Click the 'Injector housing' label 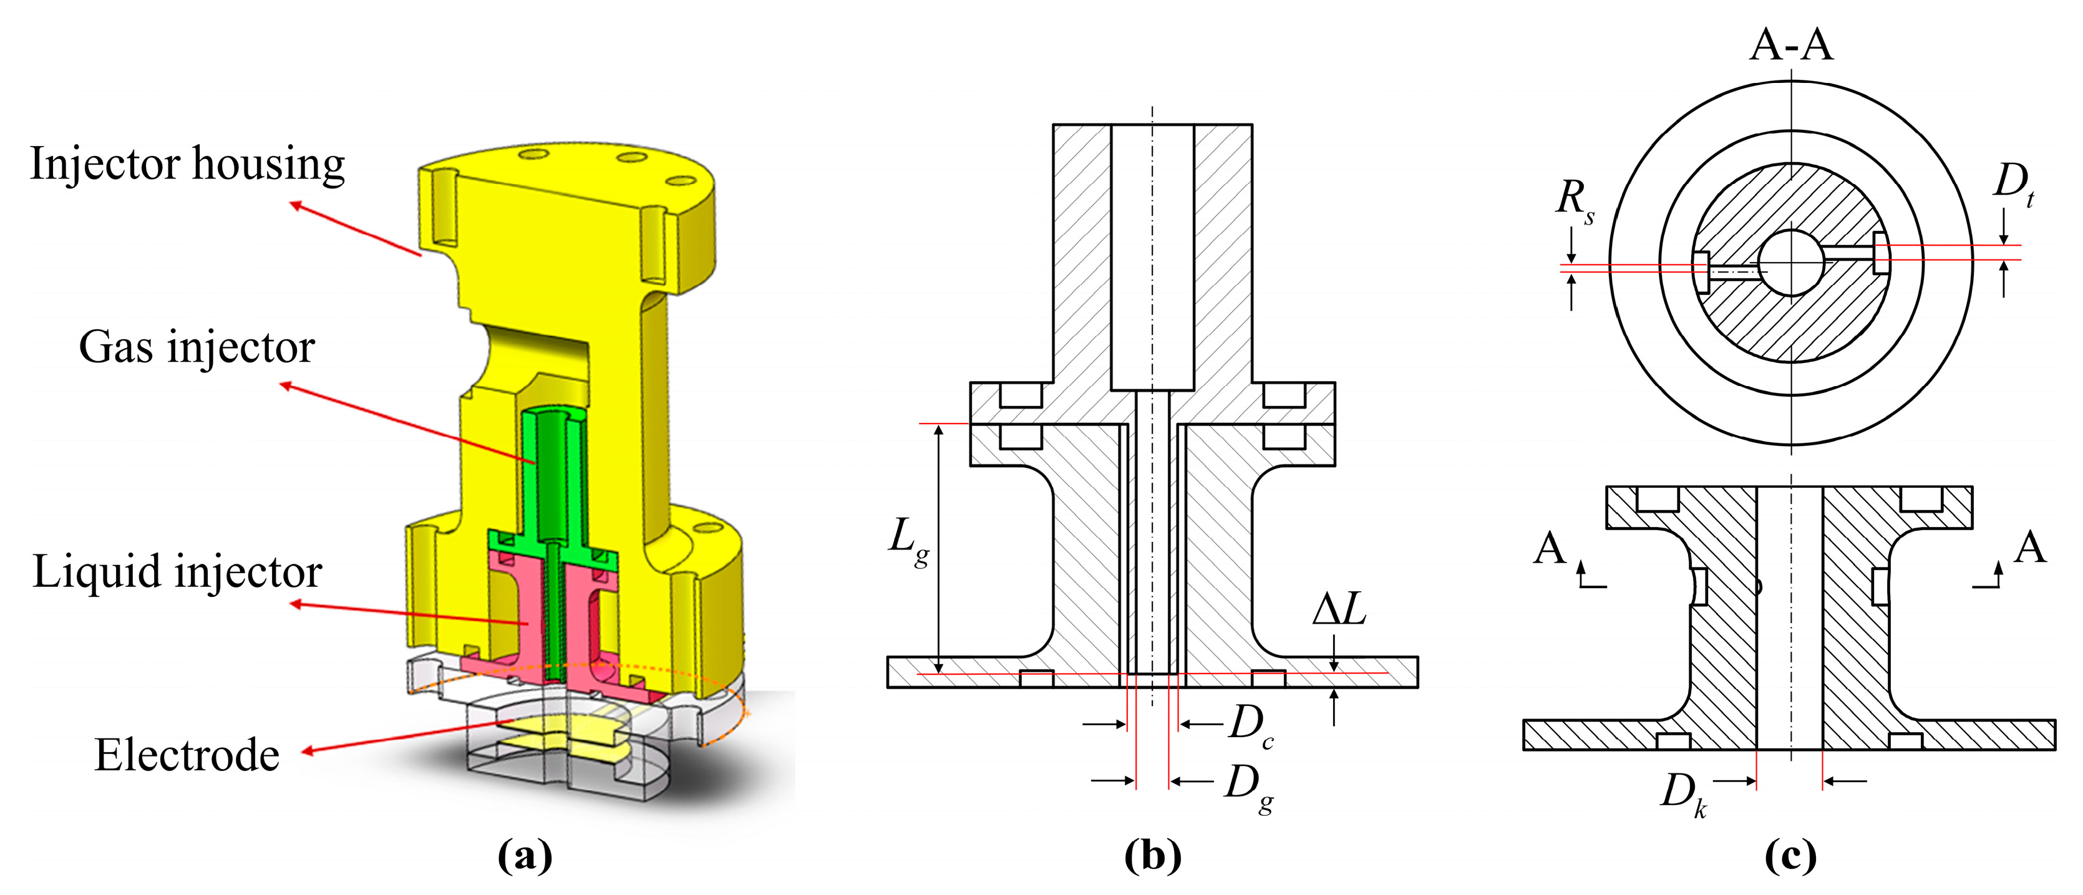pyautogui.click(x=188, y=163)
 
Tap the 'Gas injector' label pyautogui.click(x=197, y=347)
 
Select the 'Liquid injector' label pyautogui.click(x=177, y=571)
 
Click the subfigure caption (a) pyautogui.click(x=525, y=855)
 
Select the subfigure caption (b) pyautogui.click(x=1152, y=855)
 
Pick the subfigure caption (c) pyautogui.click(x=1790, y=855)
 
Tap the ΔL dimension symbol pyautogui.click(x=1339, y=609)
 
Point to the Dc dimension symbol pyautogui.click(x=1250, y=724)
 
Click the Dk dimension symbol pyautogui.click(x=1682, y=793)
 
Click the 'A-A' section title pyautogui.click(x=1791, y=44)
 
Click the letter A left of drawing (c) pyautogui.click(x=1550, y=548)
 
